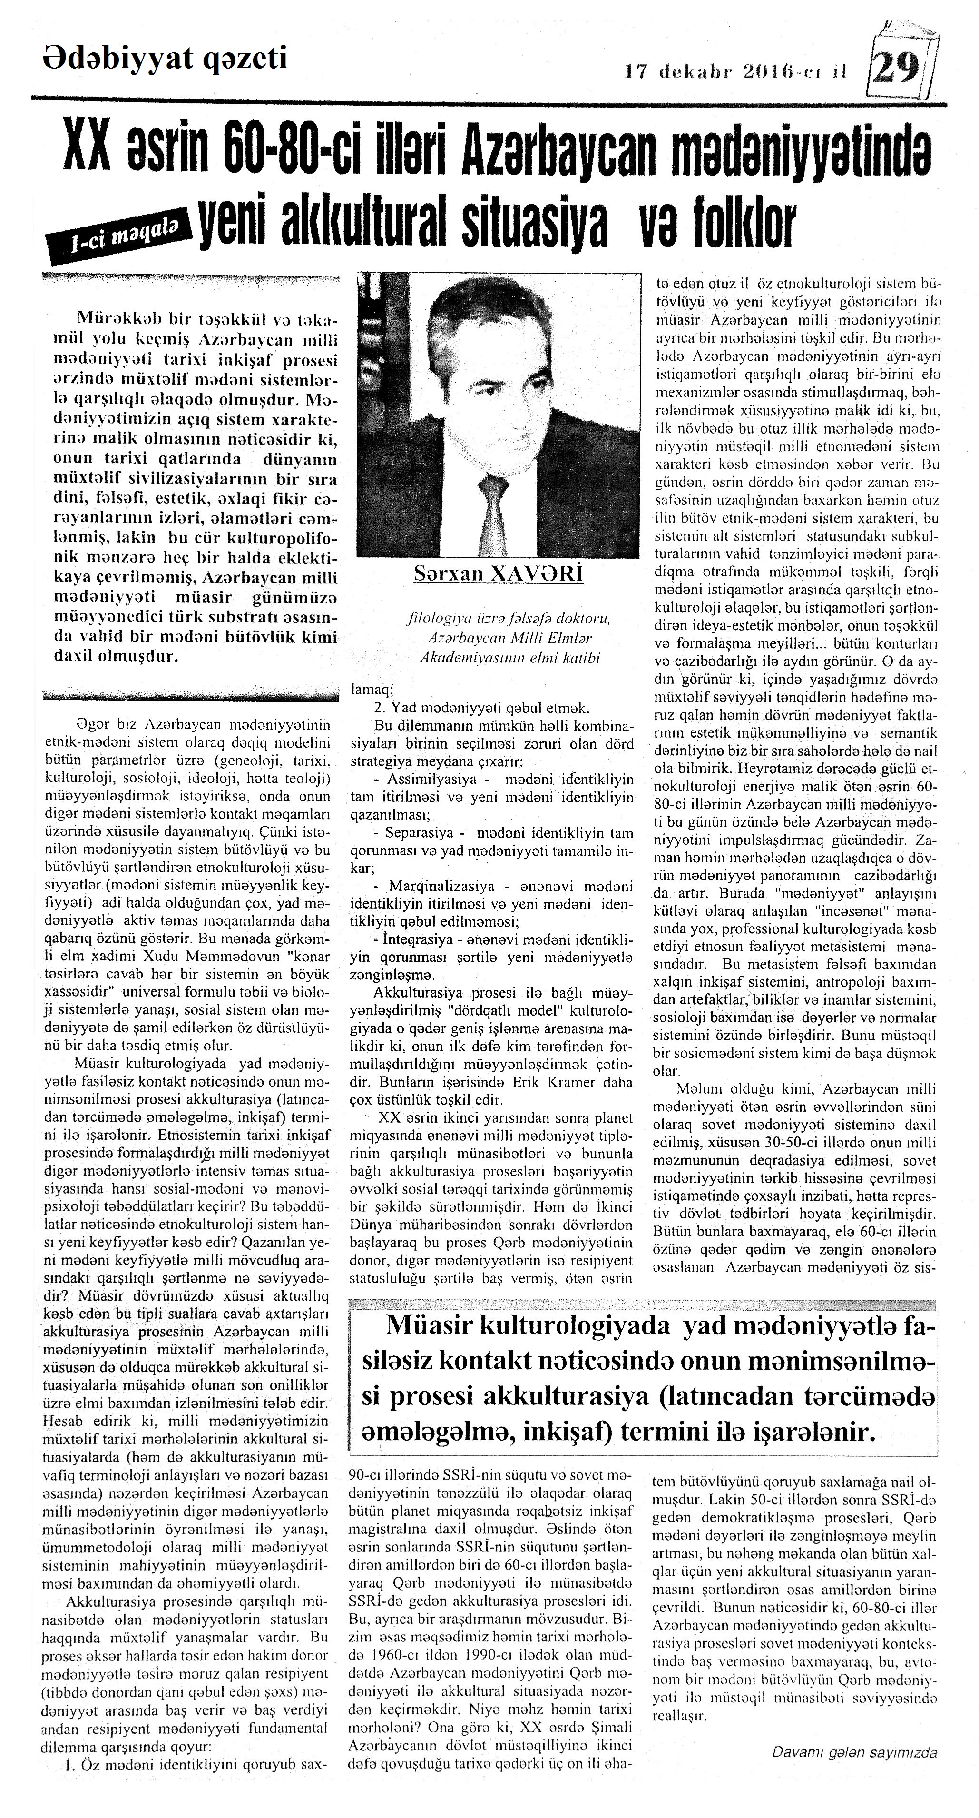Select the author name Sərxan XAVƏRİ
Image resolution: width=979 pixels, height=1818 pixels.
499,574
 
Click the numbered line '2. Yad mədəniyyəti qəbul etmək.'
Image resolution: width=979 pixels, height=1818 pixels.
476,708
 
